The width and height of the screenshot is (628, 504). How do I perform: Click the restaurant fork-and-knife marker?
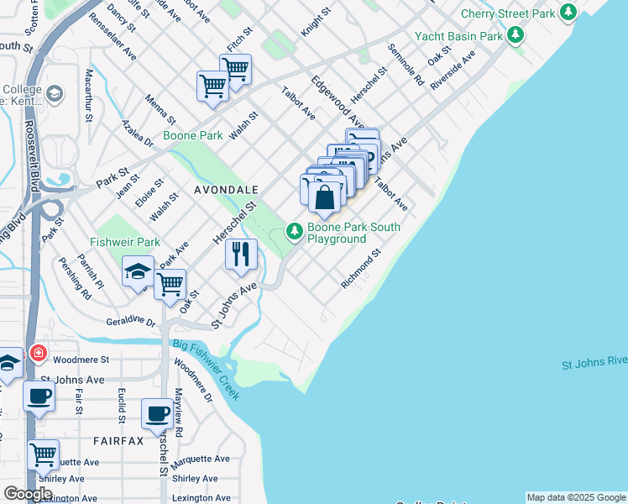(x=241, y=253)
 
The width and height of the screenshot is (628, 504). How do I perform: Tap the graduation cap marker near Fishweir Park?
(x=139, y=272)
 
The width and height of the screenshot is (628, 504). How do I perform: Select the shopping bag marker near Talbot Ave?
(x=324, y=198)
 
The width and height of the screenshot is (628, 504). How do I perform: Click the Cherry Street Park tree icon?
(x=569, y=12)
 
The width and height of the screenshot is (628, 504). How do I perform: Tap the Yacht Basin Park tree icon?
(x=515, y=35)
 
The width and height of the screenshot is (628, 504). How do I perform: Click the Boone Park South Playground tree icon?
(x=295, y=229)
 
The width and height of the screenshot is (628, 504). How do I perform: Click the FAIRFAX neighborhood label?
(x=118, y=440)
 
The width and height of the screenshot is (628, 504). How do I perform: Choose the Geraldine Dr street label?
(x=131, y=322)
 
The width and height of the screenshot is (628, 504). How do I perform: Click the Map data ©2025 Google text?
(x=576, y=497)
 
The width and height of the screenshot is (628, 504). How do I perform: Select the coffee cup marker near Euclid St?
(x=39, y=395)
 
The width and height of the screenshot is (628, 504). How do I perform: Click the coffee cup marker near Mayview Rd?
(x=157, y=413)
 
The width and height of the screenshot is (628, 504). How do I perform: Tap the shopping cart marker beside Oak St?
(x=170, y=284)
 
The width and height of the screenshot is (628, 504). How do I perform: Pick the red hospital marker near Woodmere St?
(x=37, y=353)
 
